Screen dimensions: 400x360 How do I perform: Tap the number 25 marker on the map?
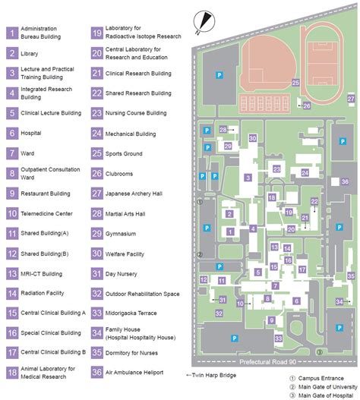295,83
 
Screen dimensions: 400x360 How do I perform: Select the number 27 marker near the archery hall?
350,99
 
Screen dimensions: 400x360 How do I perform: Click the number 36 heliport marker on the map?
345,182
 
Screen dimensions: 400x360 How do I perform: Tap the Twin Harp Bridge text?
214,375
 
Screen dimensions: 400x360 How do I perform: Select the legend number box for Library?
13,53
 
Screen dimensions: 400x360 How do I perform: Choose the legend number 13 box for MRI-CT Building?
13,273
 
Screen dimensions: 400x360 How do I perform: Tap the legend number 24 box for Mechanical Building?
97,134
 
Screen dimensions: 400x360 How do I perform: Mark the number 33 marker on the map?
279,338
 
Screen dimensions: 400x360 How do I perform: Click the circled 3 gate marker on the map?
320,351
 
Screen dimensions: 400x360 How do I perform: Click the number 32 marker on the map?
219,313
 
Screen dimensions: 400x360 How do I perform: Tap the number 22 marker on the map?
314,201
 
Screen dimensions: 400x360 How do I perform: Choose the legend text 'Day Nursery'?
125,273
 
